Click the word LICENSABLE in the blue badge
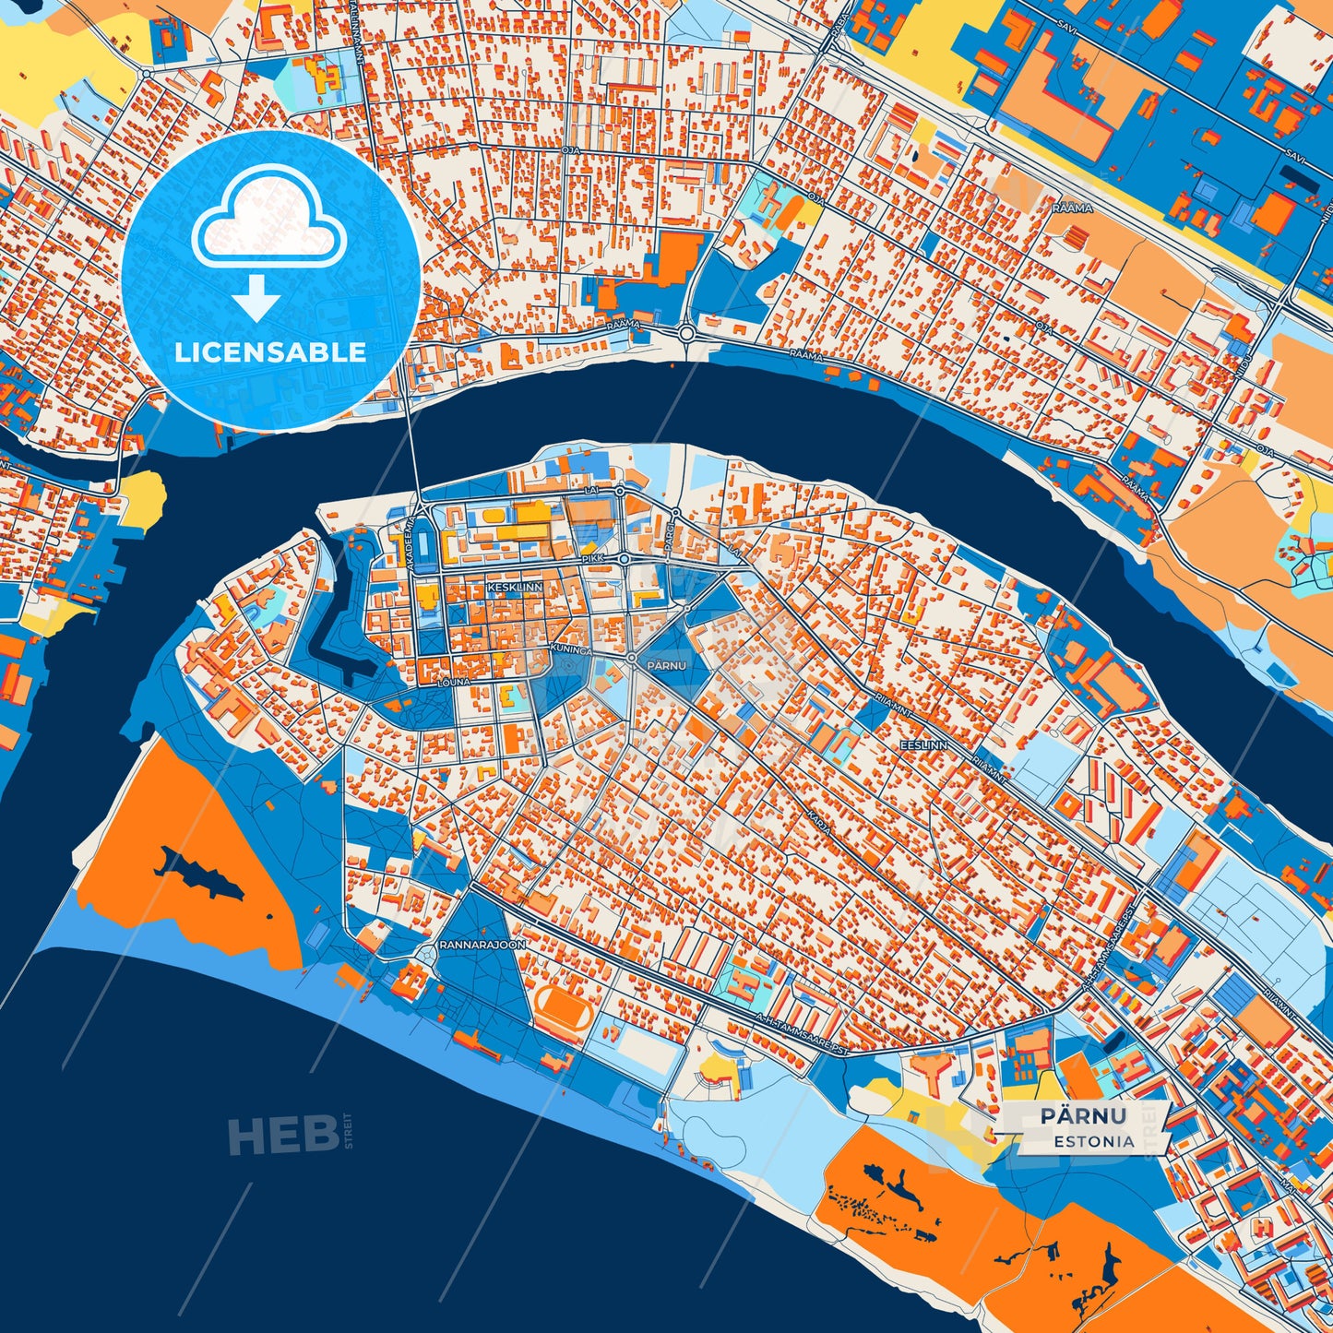coord(270,352)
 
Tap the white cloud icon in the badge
coord(268,222)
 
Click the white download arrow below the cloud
coord(256,298)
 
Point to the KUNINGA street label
coord(570,650)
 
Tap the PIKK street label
coord(591,559)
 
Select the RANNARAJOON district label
coord(482,946)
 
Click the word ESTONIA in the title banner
coord(1095,1141)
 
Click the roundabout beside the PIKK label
coord(625,559)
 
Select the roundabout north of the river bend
coord(686,333)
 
